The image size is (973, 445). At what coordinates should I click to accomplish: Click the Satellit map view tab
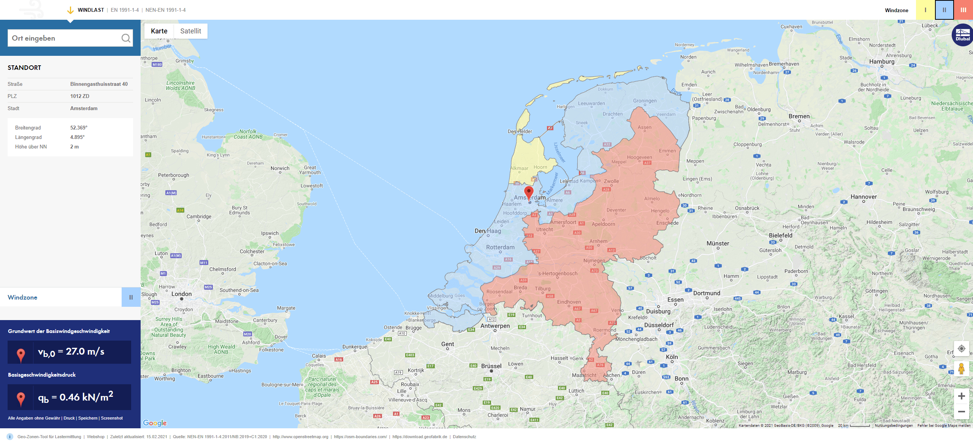[190, 31]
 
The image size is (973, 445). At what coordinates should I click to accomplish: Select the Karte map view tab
[159, 31]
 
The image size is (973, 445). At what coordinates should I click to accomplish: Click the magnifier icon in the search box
[126, 38]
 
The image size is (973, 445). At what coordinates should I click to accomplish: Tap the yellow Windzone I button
[925, 10]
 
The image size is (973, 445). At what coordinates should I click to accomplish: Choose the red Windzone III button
[963, 10]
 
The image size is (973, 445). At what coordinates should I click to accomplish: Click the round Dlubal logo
[962, 35]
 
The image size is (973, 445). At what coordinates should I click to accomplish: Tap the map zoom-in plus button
[961, 396]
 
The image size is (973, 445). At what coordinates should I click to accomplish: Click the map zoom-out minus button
[961, 412]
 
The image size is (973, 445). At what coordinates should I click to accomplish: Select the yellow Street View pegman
[961, 368]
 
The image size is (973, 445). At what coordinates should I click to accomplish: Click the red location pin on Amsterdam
[529, 192]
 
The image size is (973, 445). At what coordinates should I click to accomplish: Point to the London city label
[181, 294]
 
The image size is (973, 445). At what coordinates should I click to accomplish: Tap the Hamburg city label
[882, 62]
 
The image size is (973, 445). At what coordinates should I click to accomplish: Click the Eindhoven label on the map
[569, 302]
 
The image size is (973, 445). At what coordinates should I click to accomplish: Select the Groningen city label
[645, 101]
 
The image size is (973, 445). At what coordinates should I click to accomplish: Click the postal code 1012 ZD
[80, 96]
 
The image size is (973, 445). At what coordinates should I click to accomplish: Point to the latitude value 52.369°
[79, 128]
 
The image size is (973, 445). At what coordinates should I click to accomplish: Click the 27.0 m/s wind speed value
[85, 352]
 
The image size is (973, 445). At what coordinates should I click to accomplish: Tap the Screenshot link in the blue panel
[112, 418]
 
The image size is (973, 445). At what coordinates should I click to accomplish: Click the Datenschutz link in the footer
[464, 437]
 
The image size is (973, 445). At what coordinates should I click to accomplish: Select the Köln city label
[672, 357]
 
